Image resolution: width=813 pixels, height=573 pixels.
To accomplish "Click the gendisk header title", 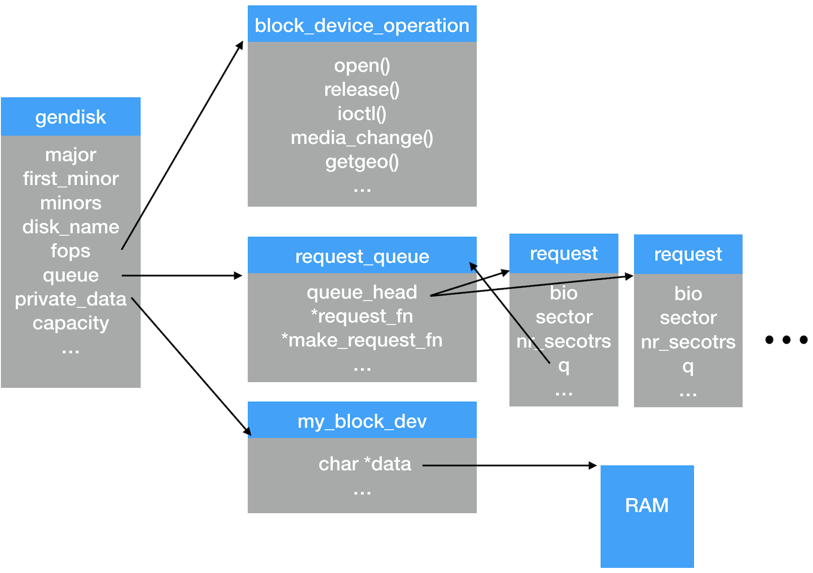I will point(71,117).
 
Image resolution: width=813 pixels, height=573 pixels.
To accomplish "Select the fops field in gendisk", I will point(70,251).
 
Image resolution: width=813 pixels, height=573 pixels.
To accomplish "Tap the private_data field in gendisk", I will point(71,299).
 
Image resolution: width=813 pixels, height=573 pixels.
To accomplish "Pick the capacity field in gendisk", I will point(71,323).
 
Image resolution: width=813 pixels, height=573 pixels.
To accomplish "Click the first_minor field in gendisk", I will point(71,179).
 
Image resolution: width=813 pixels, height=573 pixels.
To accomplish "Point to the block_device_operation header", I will point(362,25).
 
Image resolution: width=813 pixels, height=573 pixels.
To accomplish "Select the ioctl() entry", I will point(362,113).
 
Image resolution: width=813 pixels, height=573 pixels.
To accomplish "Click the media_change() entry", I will point(362,138).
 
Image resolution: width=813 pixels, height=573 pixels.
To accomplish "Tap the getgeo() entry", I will point(362,162).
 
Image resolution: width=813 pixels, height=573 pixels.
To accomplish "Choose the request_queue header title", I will point(362,256).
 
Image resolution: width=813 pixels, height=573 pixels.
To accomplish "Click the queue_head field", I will point(362,292).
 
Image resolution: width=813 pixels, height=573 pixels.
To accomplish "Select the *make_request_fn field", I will point(362,340).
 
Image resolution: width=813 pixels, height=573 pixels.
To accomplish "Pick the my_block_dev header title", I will point(362,422).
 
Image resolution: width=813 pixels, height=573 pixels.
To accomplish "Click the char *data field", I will point(365,464).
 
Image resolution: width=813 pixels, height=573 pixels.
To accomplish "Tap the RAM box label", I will point(647,505).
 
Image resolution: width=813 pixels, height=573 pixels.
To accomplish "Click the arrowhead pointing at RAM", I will point(594,466).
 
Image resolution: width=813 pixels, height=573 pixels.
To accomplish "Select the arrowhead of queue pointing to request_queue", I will point(239,276).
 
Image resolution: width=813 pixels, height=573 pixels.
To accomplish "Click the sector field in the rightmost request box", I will point(688,318).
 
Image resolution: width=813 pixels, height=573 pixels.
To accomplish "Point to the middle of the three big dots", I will point(787,339).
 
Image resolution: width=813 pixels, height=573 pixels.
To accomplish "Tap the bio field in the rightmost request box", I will point(688,294).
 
